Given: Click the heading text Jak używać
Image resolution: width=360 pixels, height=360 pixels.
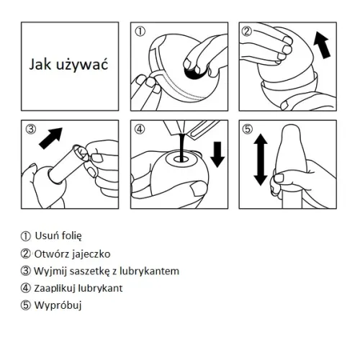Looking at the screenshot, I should [68, 65].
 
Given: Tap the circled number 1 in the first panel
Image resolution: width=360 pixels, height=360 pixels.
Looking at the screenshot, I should [140, 32].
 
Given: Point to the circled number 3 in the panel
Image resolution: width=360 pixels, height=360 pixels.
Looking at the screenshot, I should [30, 130].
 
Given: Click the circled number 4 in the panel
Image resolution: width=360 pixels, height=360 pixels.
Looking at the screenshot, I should [140, 130].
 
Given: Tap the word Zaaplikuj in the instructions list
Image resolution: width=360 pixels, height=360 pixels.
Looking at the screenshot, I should [56, 288].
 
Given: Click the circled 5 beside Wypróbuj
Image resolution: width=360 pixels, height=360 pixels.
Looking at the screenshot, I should [28, 305].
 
